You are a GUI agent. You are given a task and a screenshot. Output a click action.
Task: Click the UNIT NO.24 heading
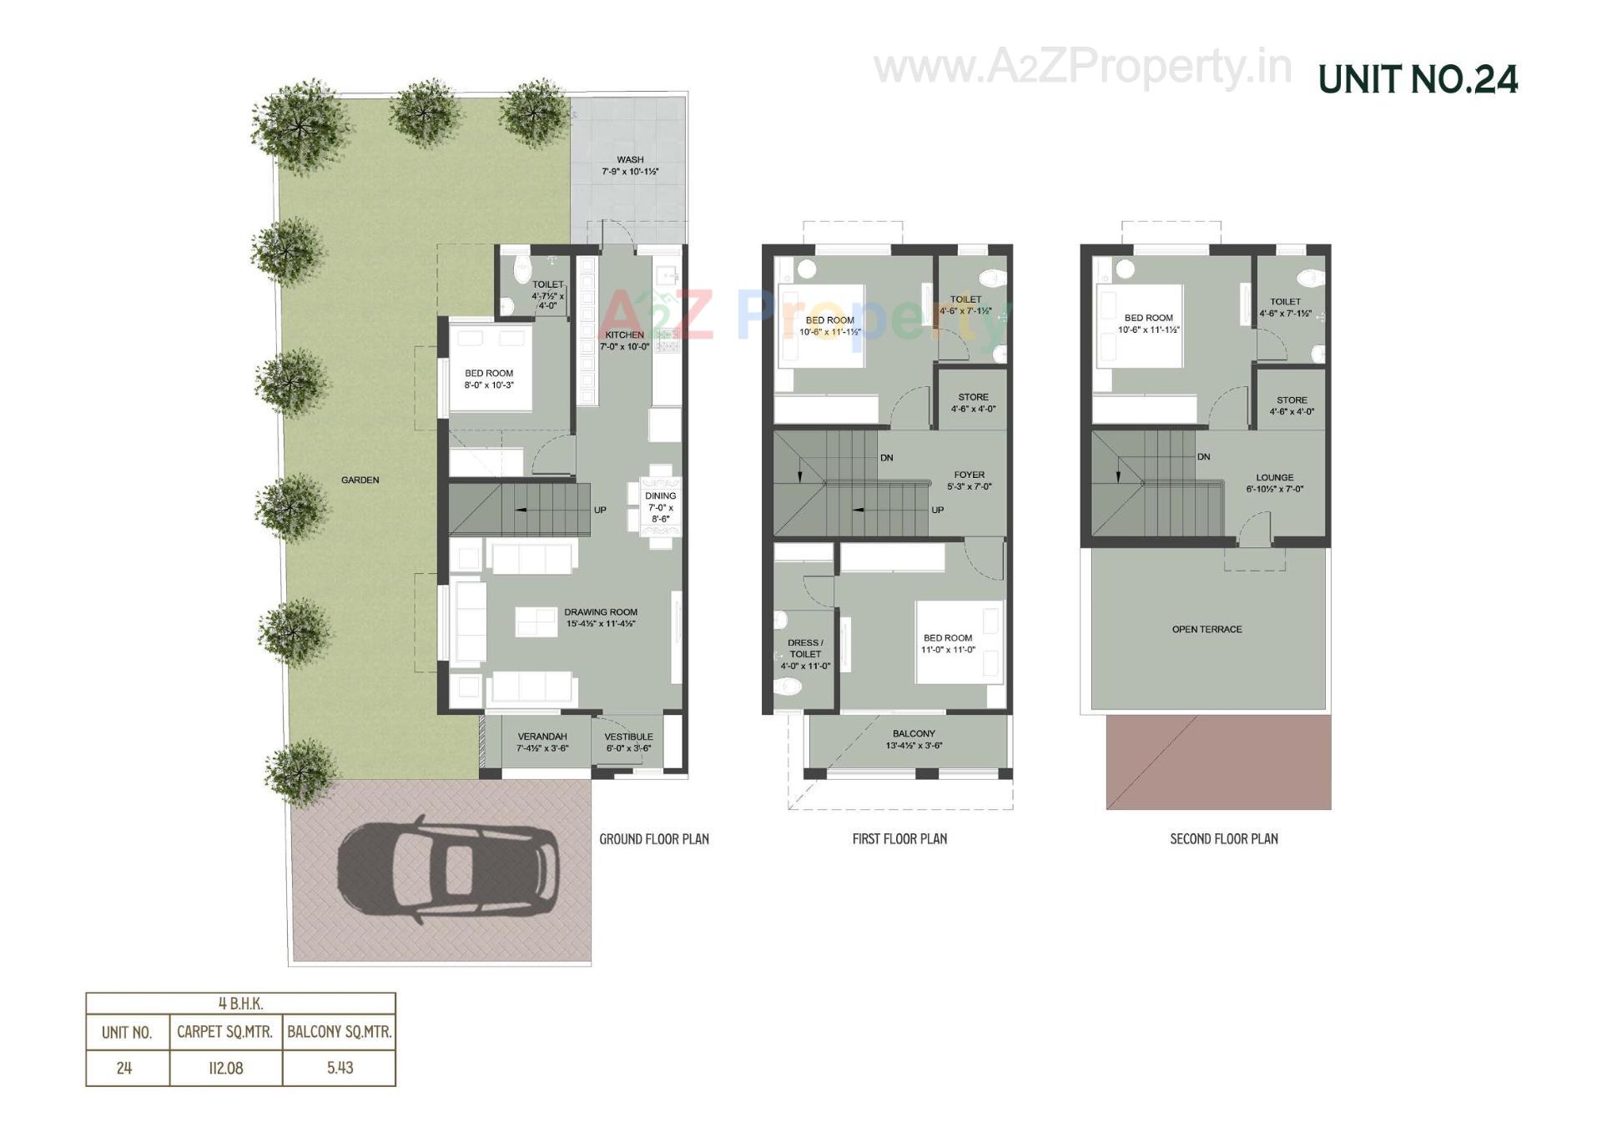point(1418,80)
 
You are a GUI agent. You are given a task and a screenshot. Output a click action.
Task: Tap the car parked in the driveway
point(447,870)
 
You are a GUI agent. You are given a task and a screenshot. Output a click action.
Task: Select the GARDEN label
point(360,480)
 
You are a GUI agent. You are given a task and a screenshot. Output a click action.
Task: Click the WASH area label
point(630,160)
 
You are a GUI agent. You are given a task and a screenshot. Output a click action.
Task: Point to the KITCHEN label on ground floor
point(624,335)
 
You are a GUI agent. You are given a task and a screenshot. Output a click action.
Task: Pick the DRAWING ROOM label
point(600,612)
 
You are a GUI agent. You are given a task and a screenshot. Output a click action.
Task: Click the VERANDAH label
point(542,737)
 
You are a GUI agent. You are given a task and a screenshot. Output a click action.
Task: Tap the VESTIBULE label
point(628,737)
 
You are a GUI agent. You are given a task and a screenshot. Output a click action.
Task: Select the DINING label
point(660,496)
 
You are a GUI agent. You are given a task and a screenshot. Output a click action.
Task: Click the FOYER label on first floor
point(969,475)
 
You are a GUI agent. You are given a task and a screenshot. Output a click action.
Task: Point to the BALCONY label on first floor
point(914,734)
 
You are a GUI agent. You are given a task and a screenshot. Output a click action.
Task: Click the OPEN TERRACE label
point(1207,630)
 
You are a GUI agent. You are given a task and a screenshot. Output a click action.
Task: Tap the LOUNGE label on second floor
point(1274,478)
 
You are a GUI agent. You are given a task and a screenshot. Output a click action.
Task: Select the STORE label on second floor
point(1292,400)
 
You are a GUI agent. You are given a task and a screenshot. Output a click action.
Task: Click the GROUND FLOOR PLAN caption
point(654,839)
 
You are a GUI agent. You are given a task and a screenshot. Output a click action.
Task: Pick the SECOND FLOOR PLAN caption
point(1223,839)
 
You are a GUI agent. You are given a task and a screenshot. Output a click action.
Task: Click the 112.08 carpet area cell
point(225,1068)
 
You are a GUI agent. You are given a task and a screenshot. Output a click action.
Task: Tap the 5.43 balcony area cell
point(340,1068)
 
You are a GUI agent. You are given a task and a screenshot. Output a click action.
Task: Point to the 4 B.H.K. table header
point(240,1004)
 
